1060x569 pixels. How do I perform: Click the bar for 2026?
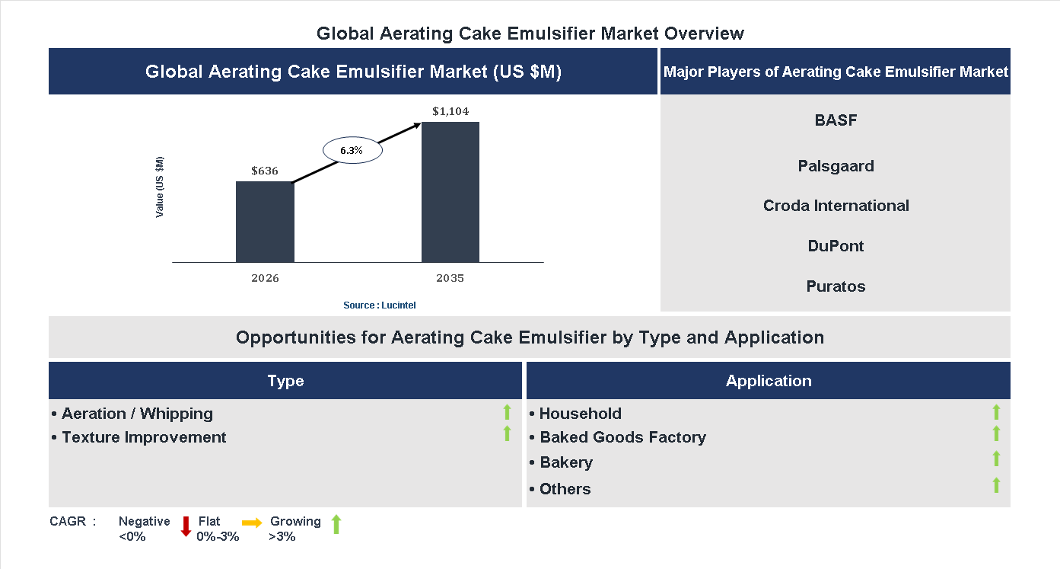265,222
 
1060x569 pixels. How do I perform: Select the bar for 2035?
450,192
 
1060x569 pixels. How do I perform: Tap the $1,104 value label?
450,111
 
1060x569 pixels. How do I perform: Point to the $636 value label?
265,171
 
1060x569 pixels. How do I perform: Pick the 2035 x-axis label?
450,278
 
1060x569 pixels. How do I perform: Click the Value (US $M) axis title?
160,187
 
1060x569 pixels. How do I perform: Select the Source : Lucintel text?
379,305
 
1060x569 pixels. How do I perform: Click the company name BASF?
836,120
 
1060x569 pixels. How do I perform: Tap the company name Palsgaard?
836,166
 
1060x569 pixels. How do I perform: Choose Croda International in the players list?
836,206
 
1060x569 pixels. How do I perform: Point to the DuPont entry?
836,246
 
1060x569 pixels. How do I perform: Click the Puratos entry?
836,286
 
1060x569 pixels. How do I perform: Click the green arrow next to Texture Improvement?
507,434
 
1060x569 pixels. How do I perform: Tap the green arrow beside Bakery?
996,459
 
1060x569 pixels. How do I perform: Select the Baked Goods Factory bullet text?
622,437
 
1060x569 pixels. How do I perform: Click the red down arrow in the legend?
186,526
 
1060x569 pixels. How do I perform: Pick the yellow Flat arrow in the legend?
252,523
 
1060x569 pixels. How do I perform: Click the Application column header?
769,381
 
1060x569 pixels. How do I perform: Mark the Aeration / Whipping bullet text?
137,414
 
